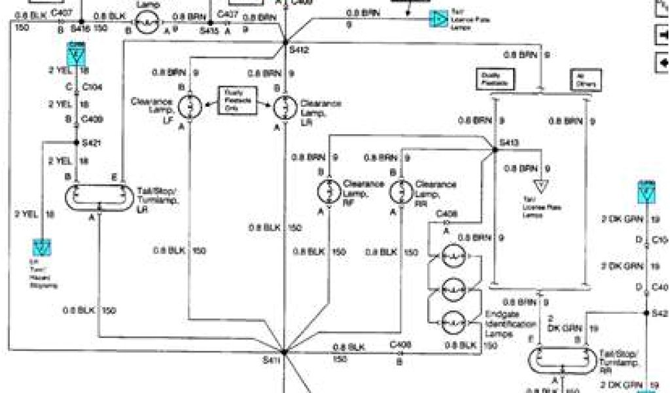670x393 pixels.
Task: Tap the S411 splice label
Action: point(271,360)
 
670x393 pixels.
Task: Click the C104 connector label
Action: point(90,86)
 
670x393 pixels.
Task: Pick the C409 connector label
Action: point(90,119)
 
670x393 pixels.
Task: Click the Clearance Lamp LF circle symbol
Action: point(189,106)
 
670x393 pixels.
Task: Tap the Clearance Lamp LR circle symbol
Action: point(285,106)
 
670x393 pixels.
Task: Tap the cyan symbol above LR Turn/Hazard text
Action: point(42,247)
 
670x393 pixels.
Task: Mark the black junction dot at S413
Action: point(495,151)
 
